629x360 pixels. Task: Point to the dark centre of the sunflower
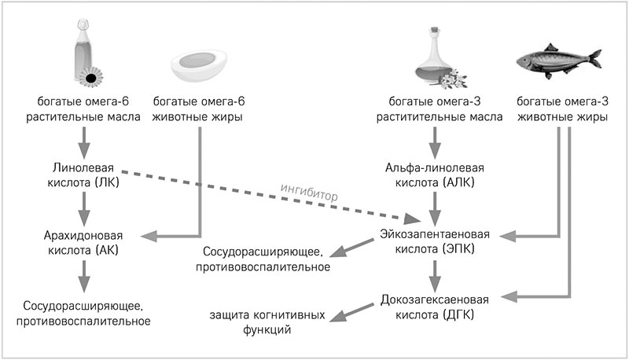[92, 79]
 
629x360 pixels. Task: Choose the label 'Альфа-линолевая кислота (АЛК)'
[434, 176]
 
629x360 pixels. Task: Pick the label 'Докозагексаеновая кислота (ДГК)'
[435, 307]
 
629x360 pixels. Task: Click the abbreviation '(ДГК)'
[458, 314]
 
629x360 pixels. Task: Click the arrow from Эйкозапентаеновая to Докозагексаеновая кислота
[434, 274]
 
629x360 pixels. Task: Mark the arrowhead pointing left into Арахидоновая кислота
[145, 235]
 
